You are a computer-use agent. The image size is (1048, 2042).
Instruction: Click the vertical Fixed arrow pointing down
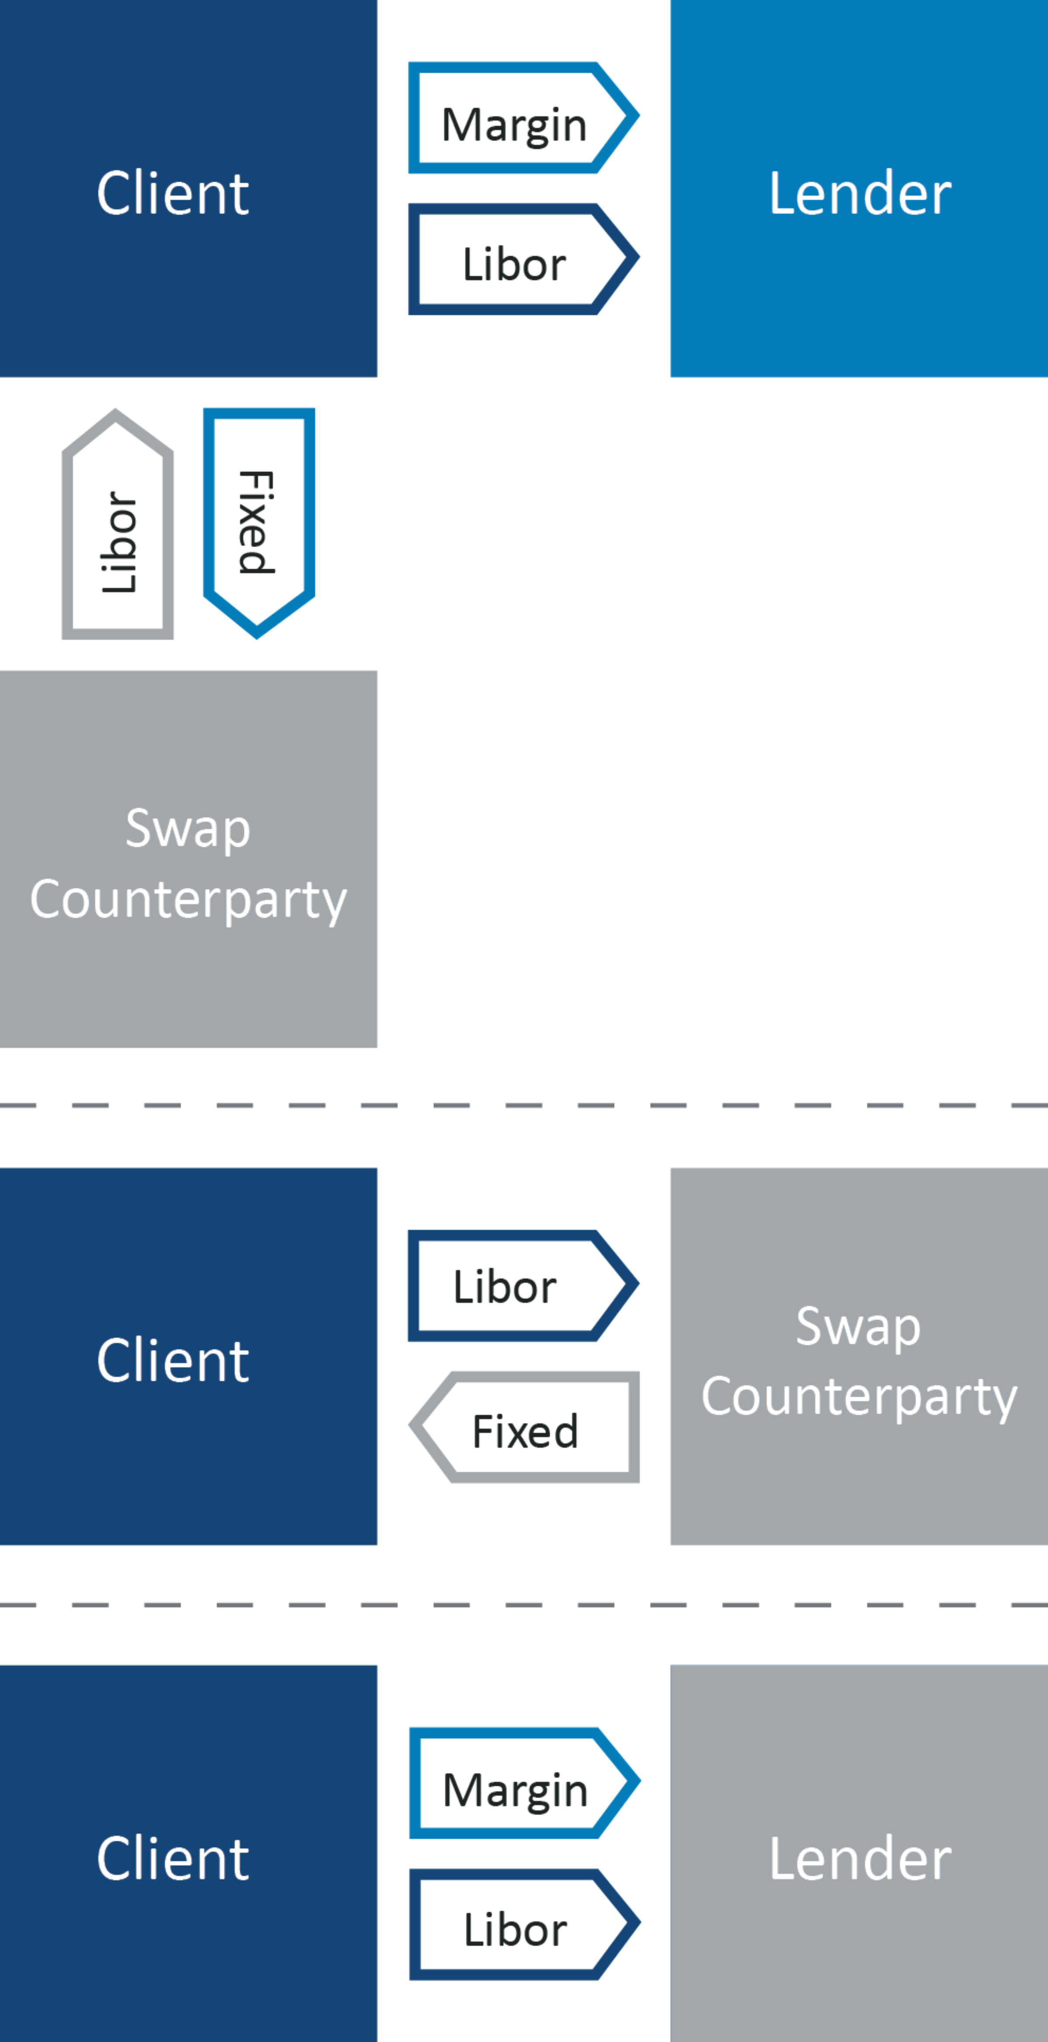click(259, 519)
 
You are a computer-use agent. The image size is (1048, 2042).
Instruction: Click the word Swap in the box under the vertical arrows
click(189, 828)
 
